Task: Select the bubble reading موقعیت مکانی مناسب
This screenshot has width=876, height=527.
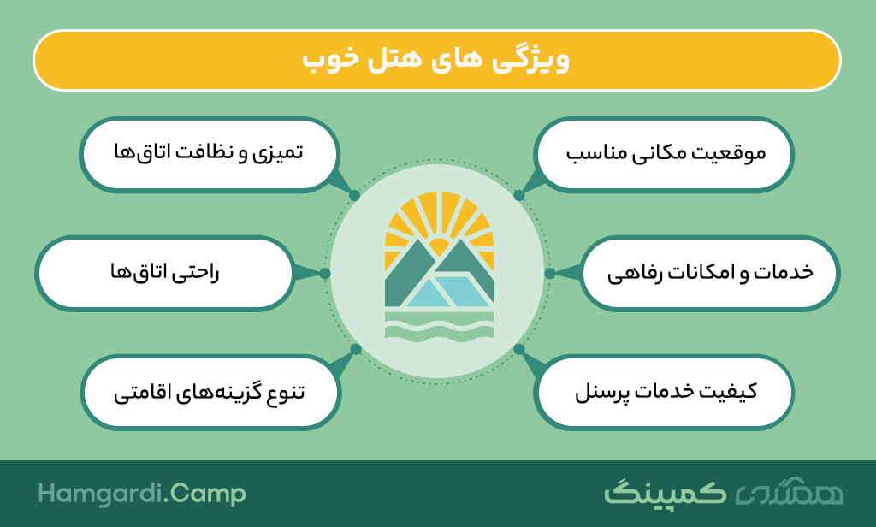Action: point(664,155)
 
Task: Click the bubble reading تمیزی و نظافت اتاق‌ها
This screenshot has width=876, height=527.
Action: point(209,155)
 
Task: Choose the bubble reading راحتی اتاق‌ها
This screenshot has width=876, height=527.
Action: point(164,273)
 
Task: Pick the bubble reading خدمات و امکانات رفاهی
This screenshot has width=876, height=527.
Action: point(709,273)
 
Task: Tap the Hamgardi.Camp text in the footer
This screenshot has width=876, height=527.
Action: point(142,494)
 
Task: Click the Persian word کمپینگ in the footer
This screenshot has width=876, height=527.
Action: point(665,493)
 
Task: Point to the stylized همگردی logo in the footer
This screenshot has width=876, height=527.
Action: point(789,492)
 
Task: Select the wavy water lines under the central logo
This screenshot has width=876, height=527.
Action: point(439,326)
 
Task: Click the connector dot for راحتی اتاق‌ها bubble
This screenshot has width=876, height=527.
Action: point(324,273)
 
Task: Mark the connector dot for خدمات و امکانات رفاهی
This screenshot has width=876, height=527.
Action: point(550,273)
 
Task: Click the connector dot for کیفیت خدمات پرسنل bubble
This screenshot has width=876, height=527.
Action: point(519,349)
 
